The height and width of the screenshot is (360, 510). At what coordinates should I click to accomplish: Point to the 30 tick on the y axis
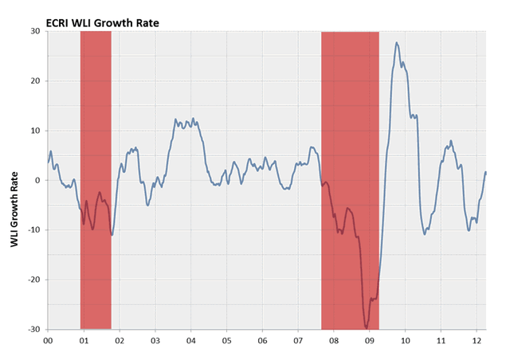[36, 32]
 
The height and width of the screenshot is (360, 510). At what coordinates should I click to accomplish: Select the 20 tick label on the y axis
[36, 81]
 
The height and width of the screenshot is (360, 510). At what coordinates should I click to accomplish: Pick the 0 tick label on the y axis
[38, 181]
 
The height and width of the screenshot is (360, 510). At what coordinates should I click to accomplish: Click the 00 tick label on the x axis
[48, 340]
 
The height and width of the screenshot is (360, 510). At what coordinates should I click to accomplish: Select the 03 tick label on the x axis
[155, 340]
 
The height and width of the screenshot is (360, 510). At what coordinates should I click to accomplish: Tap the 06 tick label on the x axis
[262, 340]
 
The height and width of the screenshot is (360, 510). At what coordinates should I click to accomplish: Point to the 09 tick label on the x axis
[370, 340]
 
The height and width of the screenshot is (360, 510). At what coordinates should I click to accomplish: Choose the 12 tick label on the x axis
[477, 340]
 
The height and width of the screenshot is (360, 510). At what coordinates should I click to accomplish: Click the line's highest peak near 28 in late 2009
[397, 43]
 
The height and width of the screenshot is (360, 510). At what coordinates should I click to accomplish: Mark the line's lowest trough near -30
[367, 327]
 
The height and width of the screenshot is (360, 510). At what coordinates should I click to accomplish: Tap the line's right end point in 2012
[486, 172]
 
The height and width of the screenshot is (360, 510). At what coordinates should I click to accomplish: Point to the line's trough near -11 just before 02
[112, 234]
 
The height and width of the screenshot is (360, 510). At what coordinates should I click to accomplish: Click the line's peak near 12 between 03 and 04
[175, 119]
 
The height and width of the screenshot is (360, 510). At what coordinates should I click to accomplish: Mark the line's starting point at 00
[48, 162]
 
